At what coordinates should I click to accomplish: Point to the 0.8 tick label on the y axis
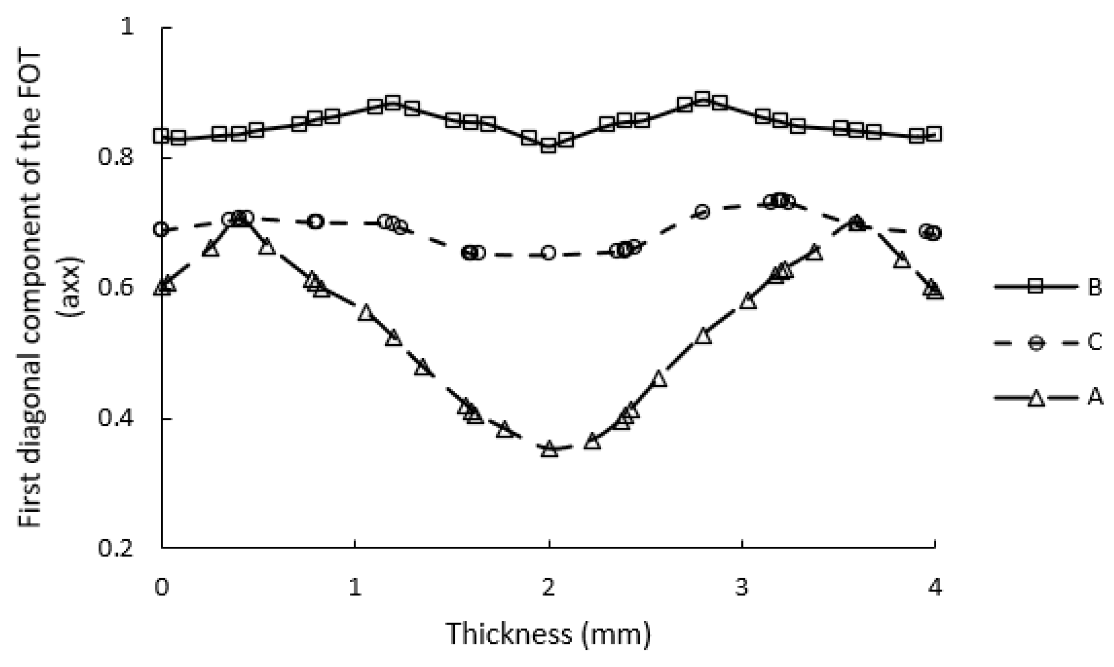(116, 158)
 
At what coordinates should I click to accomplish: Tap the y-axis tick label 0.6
(116, 289)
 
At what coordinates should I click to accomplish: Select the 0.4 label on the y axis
(116, 418)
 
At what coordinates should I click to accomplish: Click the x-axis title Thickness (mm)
(548, 634)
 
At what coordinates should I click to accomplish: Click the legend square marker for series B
(1036, 286)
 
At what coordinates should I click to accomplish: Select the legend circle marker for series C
(1036, 343)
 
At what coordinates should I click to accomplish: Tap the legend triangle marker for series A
(1036, 398)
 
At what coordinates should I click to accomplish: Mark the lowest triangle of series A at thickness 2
(549, 449)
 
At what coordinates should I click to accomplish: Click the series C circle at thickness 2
(548, 253)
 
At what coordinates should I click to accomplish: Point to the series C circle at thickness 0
(162, 229)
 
